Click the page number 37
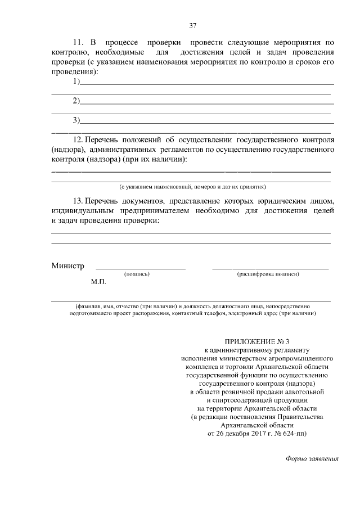pos(192,25)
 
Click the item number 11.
pos(78,43)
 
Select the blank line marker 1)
pos(76,83)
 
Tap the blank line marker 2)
pos(76,101)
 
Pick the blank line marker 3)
pos(76,120)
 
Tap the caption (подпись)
pos(136,274)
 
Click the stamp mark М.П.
pos(98,281)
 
